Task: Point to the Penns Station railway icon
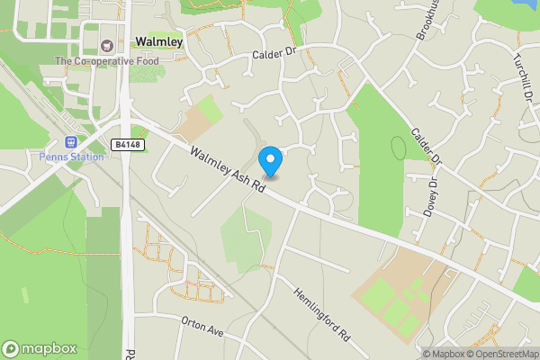(71, 141)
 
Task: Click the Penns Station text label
(71, 157)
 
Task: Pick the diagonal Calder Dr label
(427, 148)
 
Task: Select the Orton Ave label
(201, 328)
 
